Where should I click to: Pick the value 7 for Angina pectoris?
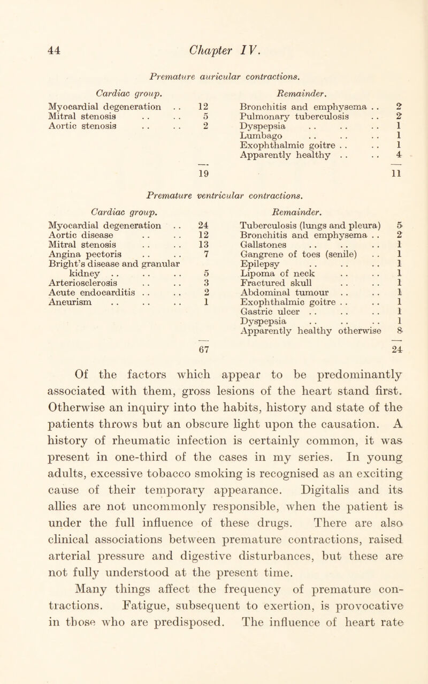139,260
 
